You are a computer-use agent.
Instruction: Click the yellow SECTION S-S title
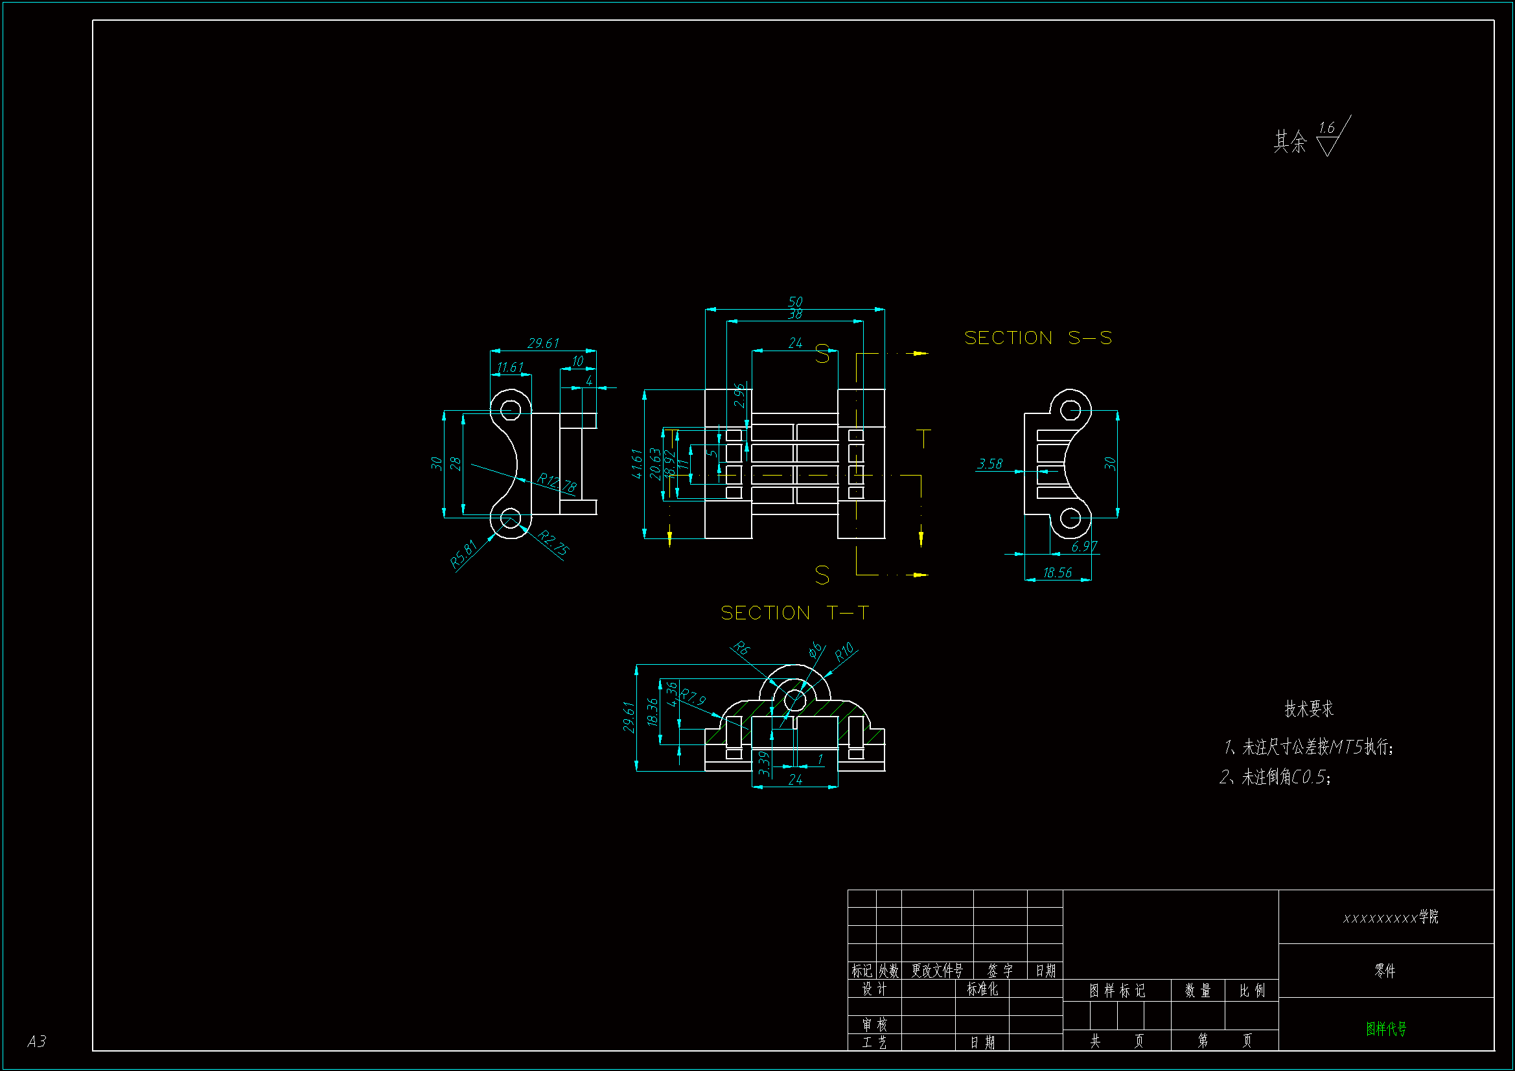[1037, 338]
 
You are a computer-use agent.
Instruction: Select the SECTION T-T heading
[794, 613]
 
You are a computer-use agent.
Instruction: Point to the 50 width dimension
[795, 301]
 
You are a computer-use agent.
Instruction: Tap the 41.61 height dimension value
[637, 463]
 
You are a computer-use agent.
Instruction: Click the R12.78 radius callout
[557, 483]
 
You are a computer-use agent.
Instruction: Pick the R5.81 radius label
[463, 555]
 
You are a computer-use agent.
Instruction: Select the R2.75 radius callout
[553, 543]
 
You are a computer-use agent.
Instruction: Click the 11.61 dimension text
[510, 367]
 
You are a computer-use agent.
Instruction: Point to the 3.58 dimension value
[989, 464]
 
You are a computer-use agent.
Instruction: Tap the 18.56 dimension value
[1057, 573]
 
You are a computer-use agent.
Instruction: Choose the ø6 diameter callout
[816, 649]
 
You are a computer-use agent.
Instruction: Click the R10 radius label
[844, 652]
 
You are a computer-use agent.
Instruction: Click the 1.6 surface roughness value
[1326, 128]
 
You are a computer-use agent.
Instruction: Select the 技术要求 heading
[1308, 709]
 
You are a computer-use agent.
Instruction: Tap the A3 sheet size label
[37, 1041]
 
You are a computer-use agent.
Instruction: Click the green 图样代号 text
[1386, 1028]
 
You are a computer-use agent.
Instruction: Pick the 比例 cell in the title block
[1252, 991]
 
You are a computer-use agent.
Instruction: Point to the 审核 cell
[874, 1025]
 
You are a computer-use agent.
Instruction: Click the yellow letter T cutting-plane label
[924, 439]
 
